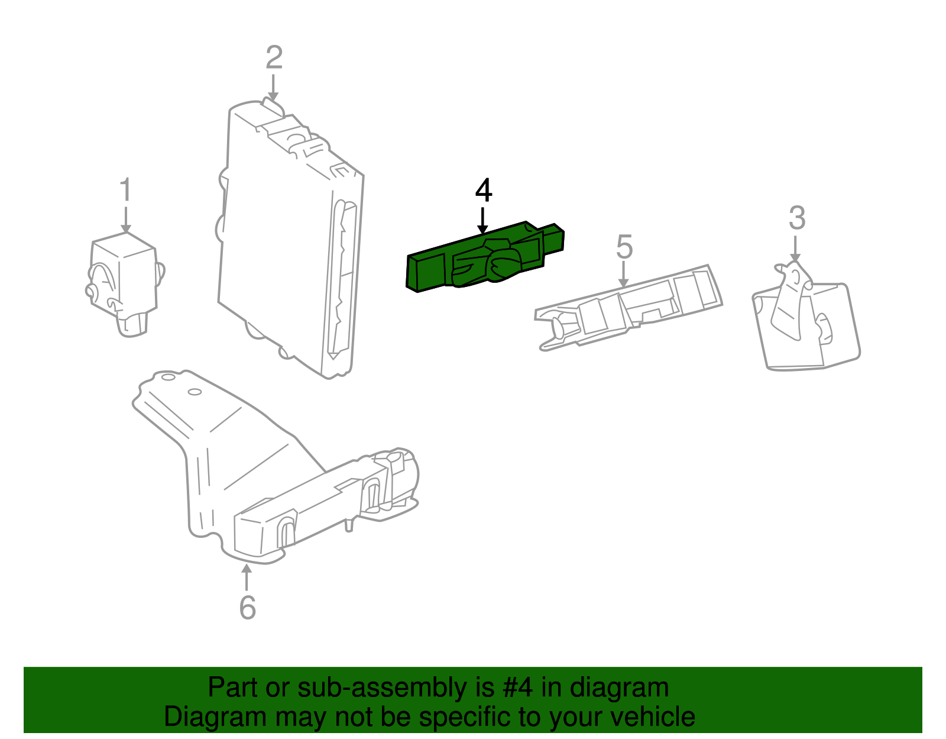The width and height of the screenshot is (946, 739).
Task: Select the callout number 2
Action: click(x=274, y=58)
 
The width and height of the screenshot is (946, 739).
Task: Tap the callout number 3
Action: click(x=796, y=218)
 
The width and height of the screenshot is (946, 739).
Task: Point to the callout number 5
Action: click(x=624, y=247)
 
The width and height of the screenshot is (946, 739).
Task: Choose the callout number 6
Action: click(x=247, y=607)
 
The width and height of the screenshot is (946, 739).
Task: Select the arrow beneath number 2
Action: click(x=273, y=88)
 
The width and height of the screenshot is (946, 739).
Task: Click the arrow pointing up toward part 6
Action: click(x=247, y=577)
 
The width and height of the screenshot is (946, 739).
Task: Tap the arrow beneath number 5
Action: click(x=623, y=275)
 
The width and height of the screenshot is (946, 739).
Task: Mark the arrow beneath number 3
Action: click(x=795, y=248)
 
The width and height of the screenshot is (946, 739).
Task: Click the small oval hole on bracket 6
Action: click(x=195, y=392)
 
